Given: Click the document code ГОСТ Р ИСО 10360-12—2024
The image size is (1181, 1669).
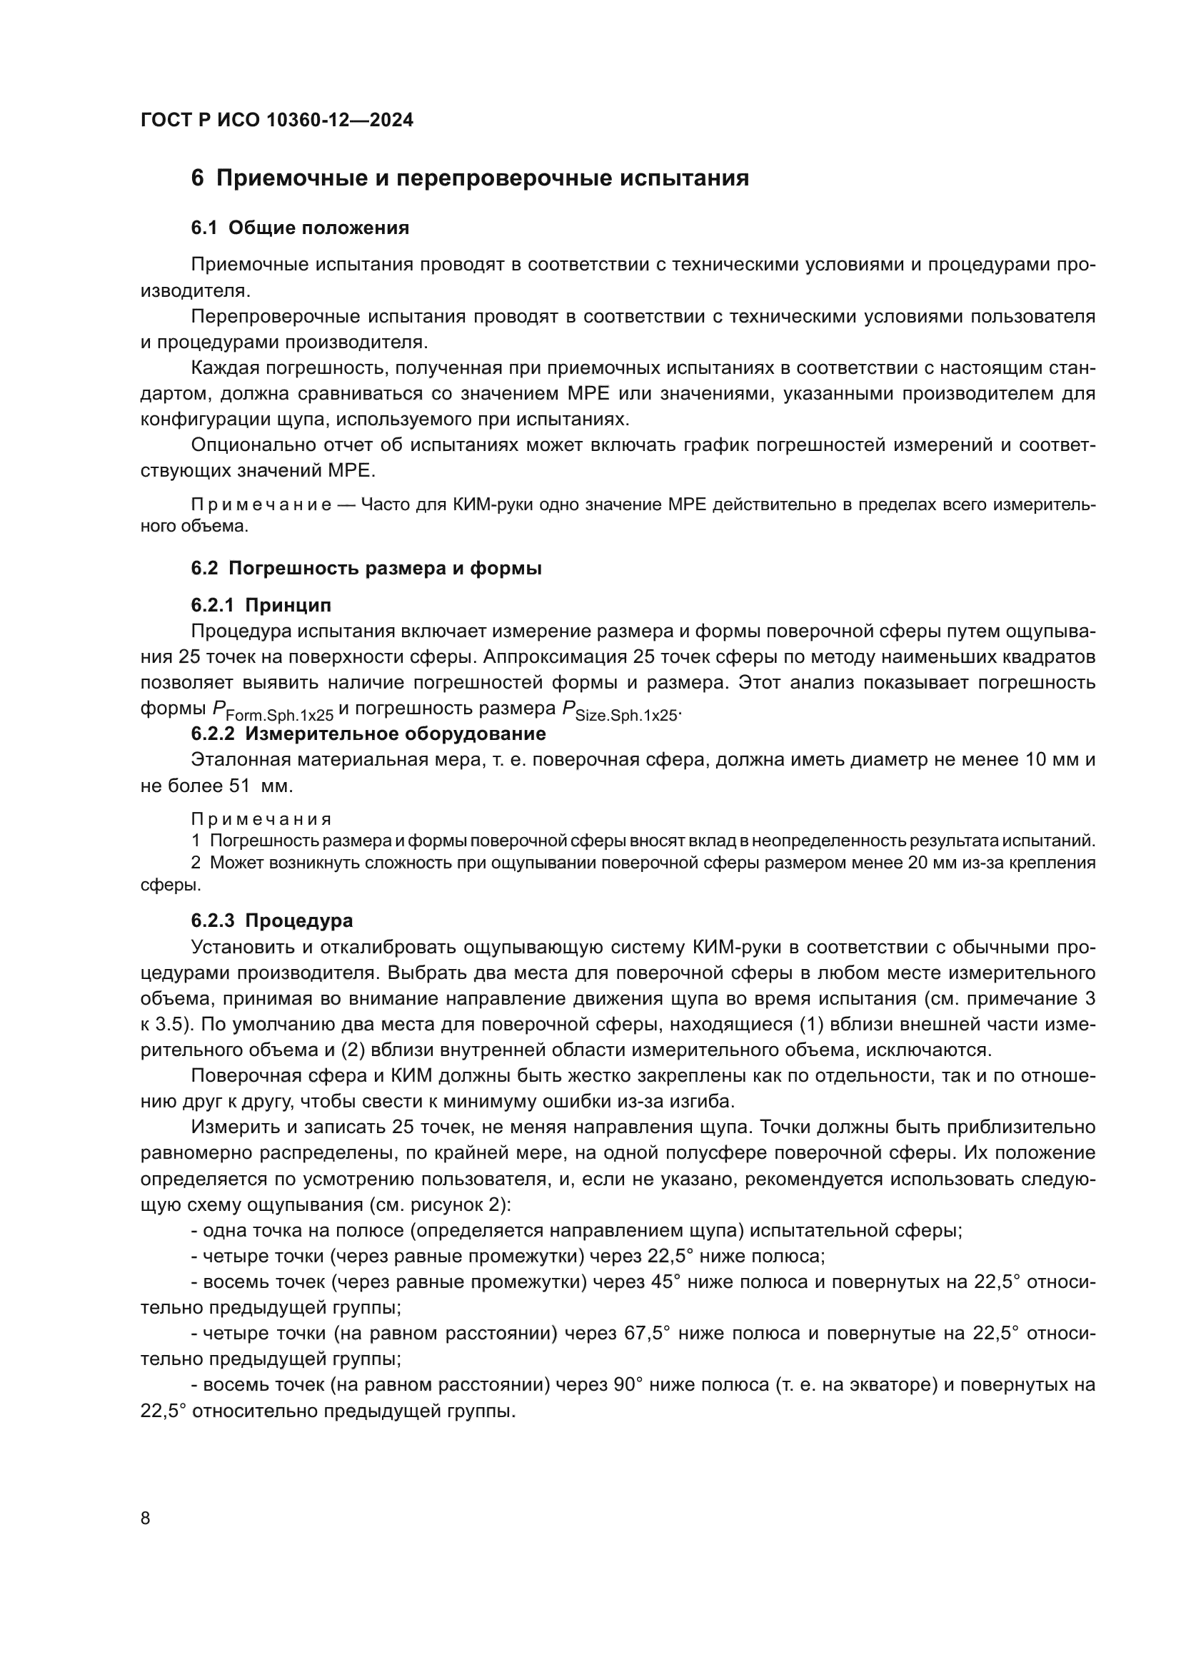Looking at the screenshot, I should [x=276, y=121].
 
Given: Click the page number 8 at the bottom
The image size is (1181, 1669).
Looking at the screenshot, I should [x=146, y=1518].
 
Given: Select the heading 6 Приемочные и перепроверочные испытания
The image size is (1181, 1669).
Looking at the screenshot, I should [x=470, y=178].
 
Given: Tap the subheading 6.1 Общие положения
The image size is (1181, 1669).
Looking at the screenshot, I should [x=300, y=228].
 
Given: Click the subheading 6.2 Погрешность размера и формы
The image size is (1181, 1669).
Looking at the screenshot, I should [x=366, y=569].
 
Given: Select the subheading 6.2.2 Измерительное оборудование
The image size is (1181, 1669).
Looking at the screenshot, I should [x=368, y=734].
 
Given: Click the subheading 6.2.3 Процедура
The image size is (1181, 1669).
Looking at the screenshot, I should [x=272, y=920].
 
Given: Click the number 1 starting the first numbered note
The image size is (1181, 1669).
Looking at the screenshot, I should [x=196, y=841].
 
